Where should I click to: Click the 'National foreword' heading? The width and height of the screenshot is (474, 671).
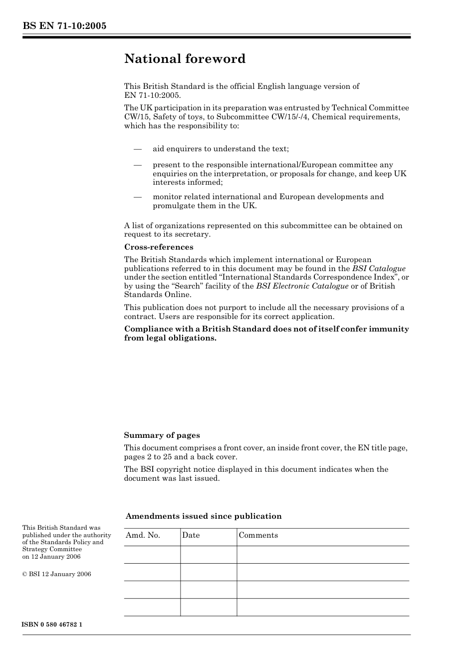(x=185, y=59)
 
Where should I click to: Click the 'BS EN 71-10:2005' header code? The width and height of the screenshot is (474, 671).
(x=64, y=26)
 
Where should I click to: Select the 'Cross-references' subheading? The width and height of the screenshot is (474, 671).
(x=159, y=247)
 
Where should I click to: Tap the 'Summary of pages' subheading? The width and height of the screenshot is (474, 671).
(x=162, y=435)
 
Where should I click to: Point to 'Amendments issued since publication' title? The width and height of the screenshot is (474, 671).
(x=204, y=516)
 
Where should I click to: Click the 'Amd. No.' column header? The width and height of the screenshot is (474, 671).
(x=143, y=535)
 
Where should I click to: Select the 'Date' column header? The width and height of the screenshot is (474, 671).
(x=191, y=535)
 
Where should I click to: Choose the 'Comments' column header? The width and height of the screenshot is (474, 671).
(x=258, y=535)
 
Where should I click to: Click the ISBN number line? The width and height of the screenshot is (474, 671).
(x=52, y=625)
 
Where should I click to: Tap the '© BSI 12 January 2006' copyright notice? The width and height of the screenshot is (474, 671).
(x=57, y=574)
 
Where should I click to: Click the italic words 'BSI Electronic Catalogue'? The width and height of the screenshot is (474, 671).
(x=302, y=286)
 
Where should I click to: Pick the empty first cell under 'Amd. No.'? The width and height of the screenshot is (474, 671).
(x=152, y=555)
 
